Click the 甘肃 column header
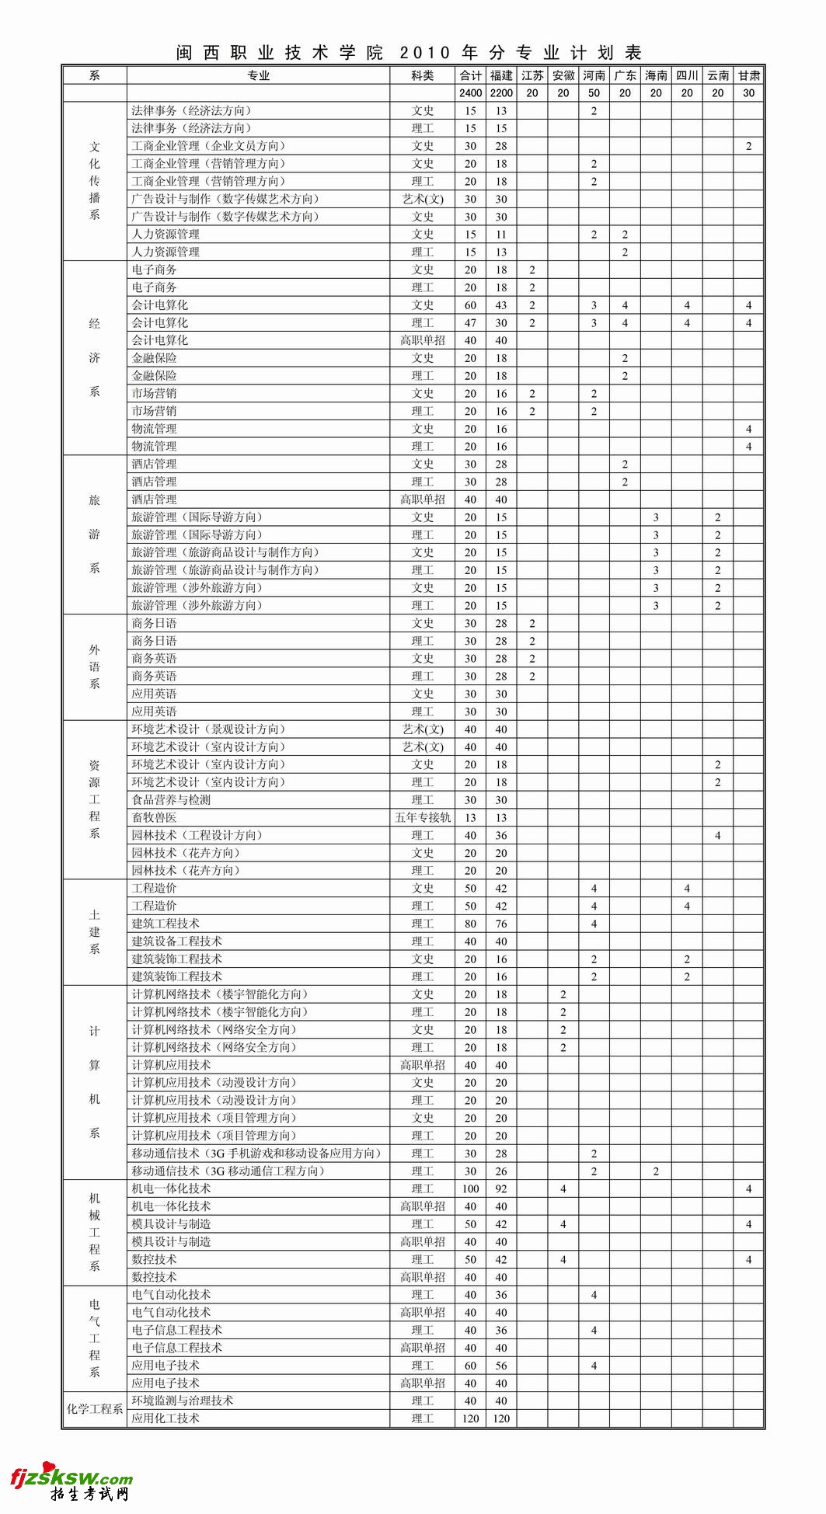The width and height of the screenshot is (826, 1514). click(748, 75)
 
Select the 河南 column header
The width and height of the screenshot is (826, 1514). click(594, 75)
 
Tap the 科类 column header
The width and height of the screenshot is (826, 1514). click(422, 75)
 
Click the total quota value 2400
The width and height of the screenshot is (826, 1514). click(470, 93)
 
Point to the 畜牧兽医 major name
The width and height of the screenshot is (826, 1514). click(154, 817)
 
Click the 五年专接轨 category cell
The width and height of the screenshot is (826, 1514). click(422, 817)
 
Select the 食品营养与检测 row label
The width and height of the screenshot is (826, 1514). click(171, 799)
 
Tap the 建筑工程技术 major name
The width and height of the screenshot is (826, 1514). click(166, 924)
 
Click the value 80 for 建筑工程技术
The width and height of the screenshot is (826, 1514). click(470, 924)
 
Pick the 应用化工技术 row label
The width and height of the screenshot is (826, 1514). click(166, 1418)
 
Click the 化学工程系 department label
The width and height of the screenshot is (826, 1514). click(94, 1409)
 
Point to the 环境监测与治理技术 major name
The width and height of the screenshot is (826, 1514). click(183, 1401)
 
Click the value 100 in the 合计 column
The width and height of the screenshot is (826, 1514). click(470, 1189)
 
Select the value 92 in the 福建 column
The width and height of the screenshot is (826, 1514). click(501, 1189)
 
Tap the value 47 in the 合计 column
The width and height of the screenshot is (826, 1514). click(470, 323)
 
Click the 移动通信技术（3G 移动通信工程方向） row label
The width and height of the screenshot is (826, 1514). click(228, 1171)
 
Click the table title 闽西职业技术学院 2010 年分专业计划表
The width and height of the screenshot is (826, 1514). click(410, 53)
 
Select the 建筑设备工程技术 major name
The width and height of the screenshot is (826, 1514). click(176, 941)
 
